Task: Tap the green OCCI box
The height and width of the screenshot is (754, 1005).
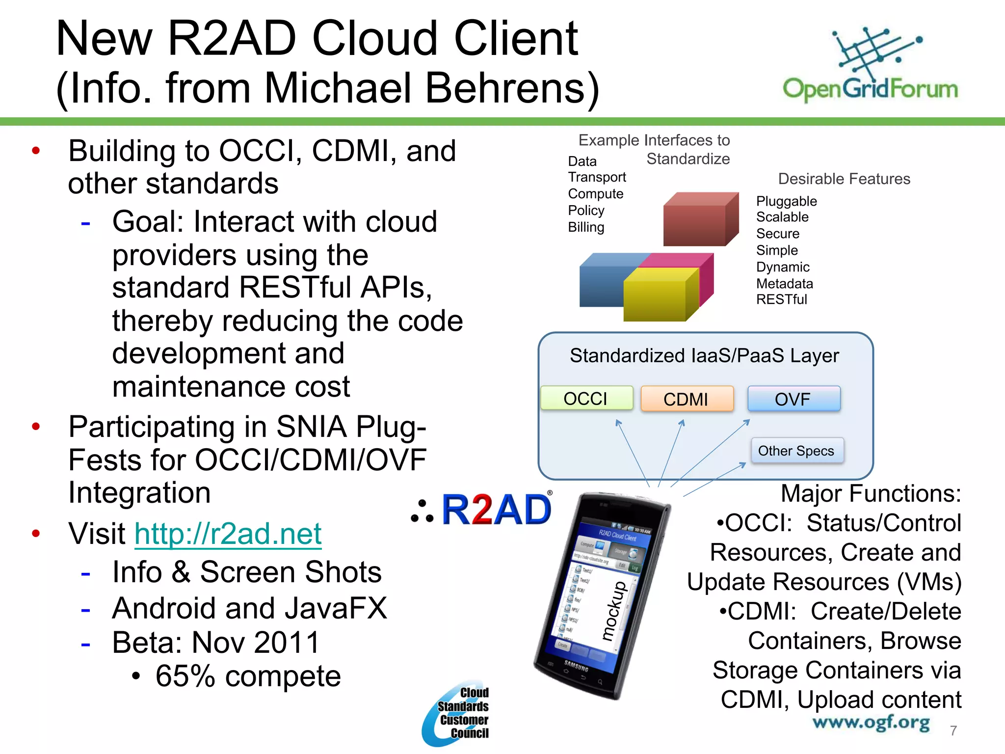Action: pos(586,398)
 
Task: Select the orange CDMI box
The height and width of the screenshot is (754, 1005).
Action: pos(686,399)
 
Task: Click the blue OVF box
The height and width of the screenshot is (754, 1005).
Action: pos(793,399)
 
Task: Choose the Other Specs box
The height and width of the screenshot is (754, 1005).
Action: pos(796,451)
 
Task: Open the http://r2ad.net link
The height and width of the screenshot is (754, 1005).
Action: pos(228,533)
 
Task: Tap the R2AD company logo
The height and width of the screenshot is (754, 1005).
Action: pos(483,510)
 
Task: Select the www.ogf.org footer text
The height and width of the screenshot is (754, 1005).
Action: pos(871,723)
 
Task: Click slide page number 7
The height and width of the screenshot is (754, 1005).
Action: pos(953,730)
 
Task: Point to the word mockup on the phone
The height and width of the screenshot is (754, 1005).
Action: pos(614,611)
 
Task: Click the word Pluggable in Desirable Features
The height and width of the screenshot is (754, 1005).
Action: pos(786,201)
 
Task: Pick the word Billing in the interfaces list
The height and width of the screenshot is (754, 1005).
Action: pos(586,227)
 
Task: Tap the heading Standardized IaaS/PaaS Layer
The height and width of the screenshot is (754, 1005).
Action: pos(704,355)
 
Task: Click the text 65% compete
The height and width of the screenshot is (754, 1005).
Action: pos(248,676)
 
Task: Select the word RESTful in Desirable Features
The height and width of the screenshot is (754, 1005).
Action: pos(781,299)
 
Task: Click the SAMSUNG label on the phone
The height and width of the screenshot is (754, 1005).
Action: pos(576,667)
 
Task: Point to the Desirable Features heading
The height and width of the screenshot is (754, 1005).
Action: pos(844,179)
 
